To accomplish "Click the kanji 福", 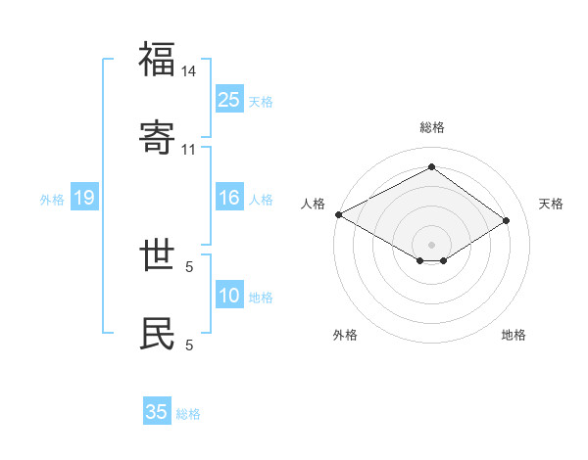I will (x=158, y=60).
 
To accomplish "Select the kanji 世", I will (x=158, y=255).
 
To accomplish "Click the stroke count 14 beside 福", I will (x=189, y=71).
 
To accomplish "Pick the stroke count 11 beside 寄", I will (x=189, y=149).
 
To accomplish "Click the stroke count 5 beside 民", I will (x=189, y=344).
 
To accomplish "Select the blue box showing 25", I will (x=229, y=99).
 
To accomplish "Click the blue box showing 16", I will (x=229, y=198).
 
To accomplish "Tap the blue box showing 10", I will (x=229, y=296).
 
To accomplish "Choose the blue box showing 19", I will (x=83, y=198).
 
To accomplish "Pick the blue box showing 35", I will (x=157, y=412).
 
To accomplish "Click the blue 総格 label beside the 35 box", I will (x=188, y=414).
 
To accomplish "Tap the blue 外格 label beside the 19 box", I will (x=52, y=200).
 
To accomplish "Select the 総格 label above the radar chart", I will (x=432, y=127).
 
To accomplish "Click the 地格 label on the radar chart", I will (x=514, y=335).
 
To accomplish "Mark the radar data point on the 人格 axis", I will (x=338, y=214).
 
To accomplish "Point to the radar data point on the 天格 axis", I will (x=507, y=220).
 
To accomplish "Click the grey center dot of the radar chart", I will (x=432, y=244).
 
